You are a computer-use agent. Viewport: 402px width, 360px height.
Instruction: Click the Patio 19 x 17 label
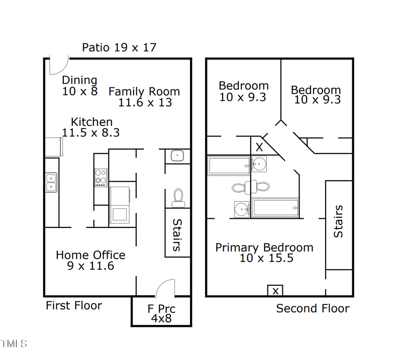click(x=119, y=48)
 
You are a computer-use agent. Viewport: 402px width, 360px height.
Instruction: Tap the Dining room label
click(x=79, y=86)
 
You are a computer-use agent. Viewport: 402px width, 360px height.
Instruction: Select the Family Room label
click(x=144, y=97)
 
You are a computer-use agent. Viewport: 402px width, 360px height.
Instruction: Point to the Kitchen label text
click(x=91, y=127)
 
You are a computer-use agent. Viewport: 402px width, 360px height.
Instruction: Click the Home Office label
click(x=90, y=260)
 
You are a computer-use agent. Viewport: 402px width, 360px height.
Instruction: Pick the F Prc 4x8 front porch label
click(x=161, y=313)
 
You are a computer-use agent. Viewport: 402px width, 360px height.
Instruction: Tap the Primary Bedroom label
click(x=264, y=253)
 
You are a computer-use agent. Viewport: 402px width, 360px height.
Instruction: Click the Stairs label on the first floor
click(x=177, y=234)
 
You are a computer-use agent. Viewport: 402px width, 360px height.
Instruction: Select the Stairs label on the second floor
click(x=339, y=221)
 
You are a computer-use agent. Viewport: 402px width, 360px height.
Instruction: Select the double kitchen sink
click(x=51, y=182)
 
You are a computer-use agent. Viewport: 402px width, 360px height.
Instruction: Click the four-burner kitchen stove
click(x=101, y=177)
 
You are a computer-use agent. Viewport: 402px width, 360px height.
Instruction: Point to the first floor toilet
click(x=178, y=198)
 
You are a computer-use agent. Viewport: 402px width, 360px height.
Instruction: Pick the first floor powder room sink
click(x=177, y=156)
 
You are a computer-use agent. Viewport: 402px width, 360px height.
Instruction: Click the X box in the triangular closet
click(x=259, y=148)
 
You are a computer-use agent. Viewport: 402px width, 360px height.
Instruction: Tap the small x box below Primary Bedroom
click(x=275, y=291)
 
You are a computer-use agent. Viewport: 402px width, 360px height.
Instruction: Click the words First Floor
click(x=74, y=305)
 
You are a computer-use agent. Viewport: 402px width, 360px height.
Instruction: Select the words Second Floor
click(x=313, y=308)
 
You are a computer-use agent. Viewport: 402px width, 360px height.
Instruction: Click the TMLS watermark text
click(x=14, y=344)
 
